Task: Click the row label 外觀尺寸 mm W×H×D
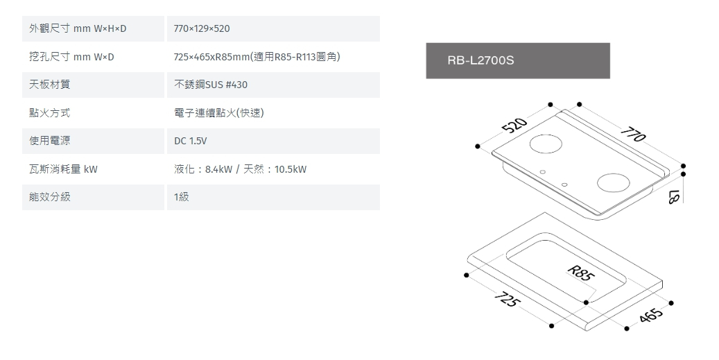(78, 28)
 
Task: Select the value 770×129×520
(202, 28)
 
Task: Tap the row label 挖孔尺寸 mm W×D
(71, 56)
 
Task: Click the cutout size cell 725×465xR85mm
(257, 56)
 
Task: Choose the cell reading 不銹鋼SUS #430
(211, 85)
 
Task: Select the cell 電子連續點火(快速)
(219, 113)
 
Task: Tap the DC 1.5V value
(191, 141)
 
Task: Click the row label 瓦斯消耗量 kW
(63, 169)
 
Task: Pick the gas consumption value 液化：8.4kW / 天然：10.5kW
(241, 169)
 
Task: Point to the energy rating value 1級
(182, 197)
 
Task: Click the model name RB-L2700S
(480, 60)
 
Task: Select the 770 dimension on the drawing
(632, 133)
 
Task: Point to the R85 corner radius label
(581, 273)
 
